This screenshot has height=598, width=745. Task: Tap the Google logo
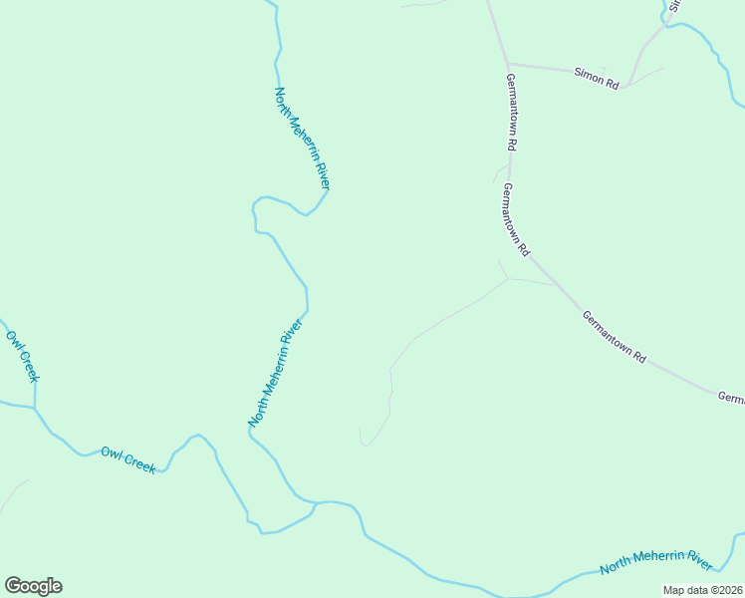point(33,586)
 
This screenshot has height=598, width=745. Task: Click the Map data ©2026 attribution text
point(702,590)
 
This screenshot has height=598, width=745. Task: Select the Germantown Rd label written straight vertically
point(510,112)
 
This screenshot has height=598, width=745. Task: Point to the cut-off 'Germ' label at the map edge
point(731,398)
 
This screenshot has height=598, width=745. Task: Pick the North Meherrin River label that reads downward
point(302,138)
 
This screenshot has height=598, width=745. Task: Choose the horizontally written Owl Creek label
point(128,459)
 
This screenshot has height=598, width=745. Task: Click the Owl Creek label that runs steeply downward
point(22,355)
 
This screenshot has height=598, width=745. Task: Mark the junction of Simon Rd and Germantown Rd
point(508,65)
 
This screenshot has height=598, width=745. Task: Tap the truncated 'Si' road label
point(674,5)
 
